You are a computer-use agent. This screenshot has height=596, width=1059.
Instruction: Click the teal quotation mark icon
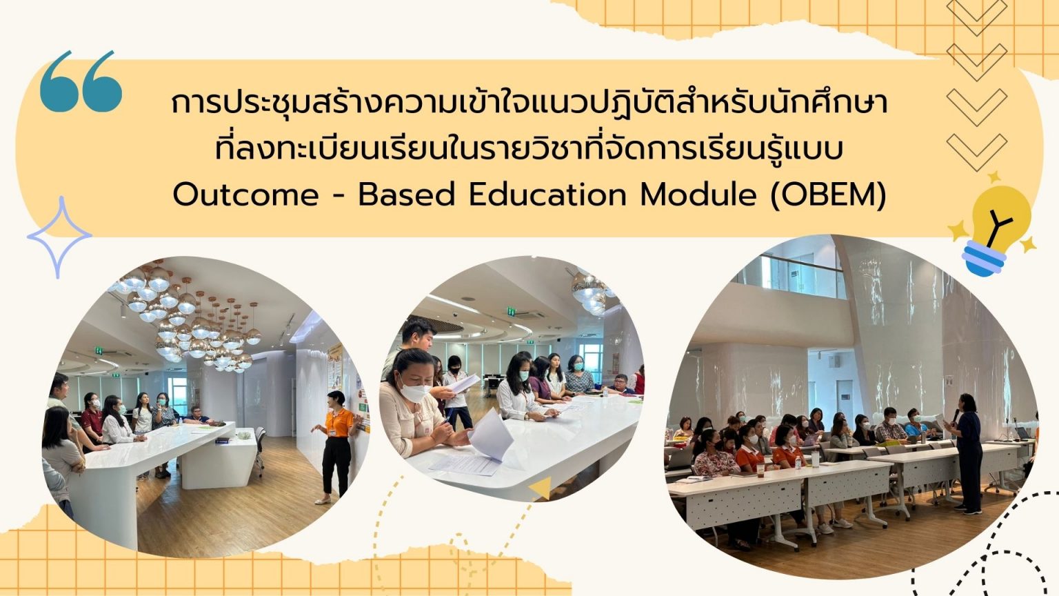(x=81, y=81)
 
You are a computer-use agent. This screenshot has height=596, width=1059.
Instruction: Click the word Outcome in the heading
(x=245, y=195)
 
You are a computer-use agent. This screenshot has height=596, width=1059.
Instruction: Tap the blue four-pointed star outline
(x=59, y=237)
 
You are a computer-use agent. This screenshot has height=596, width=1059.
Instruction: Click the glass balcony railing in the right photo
(x=793, y=276)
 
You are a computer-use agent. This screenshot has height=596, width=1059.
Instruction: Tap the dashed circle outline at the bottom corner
(x=1020, y=576)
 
